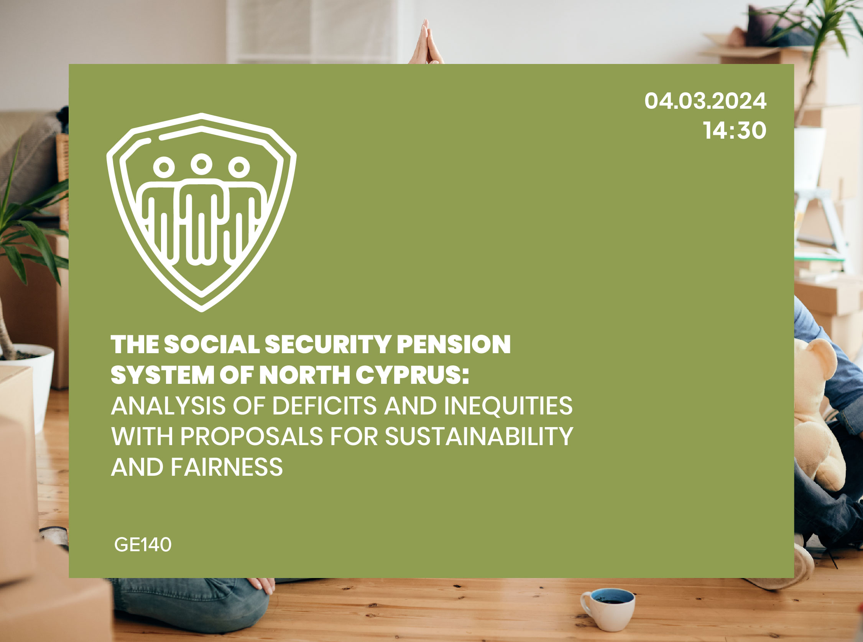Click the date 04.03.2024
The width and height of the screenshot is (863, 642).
point(705,101)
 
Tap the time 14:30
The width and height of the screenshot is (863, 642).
point(735,131)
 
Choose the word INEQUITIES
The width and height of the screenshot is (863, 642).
point(508,406)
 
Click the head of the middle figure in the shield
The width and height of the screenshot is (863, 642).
point(201,164)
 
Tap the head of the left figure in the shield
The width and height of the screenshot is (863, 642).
point(164,167)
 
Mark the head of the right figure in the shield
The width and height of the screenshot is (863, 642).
point(239,167)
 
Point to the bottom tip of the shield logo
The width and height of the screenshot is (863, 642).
point(201,309)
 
